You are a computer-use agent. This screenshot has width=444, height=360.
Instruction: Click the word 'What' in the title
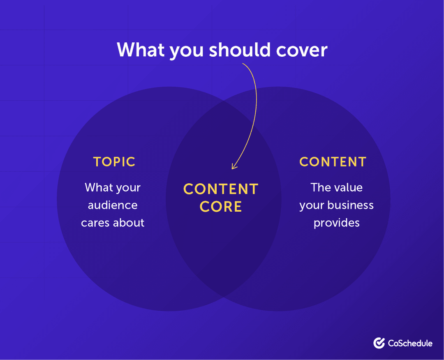coord(141,50)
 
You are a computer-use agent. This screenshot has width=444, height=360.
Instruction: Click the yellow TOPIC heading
coord(114,162)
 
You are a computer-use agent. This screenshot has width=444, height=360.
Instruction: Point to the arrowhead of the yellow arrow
coord(234,166)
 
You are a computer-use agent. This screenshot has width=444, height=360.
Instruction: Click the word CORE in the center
coord(221,207)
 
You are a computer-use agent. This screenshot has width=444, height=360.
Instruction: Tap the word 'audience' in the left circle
coord(113,205)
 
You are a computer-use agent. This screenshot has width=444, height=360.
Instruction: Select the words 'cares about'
coord(113,223)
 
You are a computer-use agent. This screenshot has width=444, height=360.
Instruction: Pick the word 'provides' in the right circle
coord(337,223)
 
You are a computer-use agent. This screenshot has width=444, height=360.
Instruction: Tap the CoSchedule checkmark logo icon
coord(379,343)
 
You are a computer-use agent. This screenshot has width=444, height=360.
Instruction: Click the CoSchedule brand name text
coord(410,343)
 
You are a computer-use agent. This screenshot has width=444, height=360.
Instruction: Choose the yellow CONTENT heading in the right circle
coord(333,162)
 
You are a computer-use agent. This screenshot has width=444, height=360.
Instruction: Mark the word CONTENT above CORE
coord(221,189)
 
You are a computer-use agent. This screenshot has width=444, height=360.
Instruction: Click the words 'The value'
coord(337,187)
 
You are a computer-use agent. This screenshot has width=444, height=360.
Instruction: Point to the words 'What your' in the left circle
coord(113,187)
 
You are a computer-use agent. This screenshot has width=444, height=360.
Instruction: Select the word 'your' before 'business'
coord(312,205)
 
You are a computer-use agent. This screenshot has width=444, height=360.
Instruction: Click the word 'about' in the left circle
coord(128,223)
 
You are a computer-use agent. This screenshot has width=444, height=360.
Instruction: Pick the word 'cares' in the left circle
coord(95,223)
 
